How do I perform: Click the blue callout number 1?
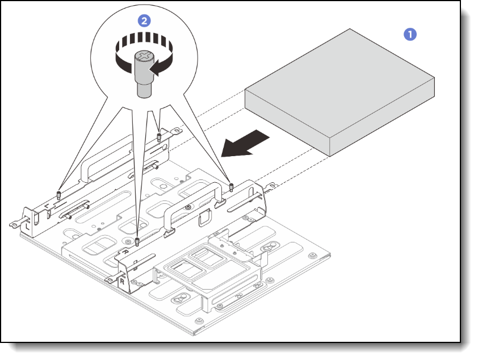click(x=409, y=35)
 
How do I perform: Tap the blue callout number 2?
click(x=145, y=20)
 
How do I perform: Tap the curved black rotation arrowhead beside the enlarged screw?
click(x=154, y=68)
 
